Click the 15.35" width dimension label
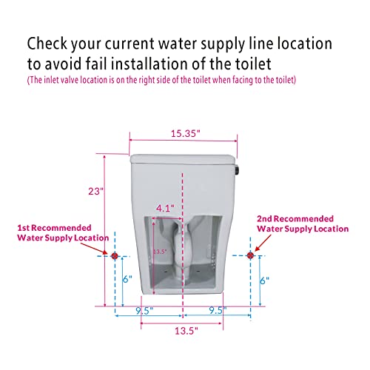185,134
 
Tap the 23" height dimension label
95,191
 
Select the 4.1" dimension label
165,209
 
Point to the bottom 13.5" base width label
186,331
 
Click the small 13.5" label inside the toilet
160,252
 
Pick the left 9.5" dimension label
144,311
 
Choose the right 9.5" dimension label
218,310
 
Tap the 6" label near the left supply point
127,279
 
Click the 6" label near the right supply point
264,280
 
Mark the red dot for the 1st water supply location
115,256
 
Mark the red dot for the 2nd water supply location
250,255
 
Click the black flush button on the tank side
238,170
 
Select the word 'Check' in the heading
47,44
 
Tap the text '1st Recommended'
54,228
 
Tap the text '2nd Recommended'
295,219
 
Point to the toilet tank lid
183,158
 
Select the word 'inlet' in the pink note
52,80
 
